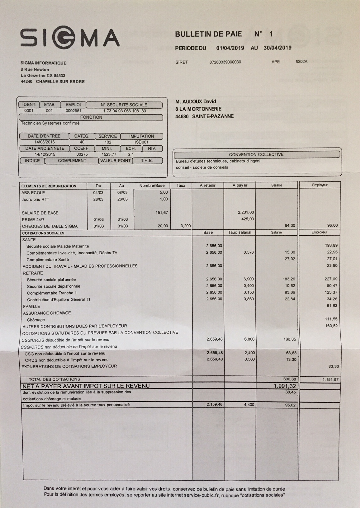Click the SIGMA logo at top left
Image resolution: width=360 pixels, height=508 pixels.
[x=70, y=38]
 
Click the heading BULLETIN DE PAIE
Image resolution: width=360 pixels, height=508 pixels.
[x=208, y=34]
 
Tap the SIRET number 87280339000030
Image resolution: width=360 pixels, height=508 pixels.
[x=225, y=62]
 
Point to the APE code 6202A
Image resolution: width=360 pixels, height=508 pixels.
[x=301, y=62]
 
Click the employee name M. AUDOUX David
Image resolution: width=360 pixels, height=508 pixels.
[x=196, y=101]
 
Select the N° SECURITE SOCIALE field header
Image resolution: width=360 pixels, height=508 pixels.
[x=124, y=105]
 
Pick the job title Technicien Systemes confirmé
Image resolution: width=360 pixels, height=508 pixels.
[x=50, y=123]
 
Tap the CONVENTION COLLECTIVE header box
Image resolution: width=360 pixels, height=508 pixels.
[x=256, y=154]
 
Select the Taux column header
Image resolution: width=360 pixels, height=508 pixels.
[x=181, y=186]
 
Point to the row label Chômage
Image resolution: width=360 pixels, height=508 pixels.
[x=36, y=320]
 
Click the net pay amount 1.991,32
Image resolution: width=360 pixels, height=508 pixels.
[x=285, y=386]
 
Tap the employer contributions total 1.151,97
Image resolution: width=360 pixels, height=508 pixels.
[x=330, y=379]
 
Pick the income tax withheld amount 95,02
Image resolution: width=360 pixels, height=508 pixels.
[x=290, y=405]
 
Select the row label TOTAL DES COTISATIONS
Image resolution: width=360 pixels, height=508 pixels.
[x=54, y=379]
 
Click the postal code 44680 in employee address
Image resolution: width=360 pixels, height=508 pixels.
[x=182, y=116]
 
